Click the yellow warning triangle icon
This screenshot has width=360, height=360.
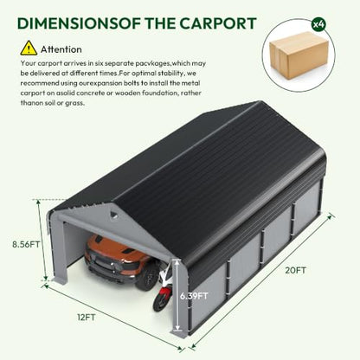pos(29,48)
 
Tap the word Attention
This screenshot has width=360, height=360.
pos(61,49)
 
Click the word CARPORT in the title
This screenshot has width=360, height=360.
pos(218,23)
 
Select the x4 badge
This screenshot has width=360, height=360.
pos(318,25)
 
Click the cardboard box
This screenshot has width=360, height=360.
pos(299,55)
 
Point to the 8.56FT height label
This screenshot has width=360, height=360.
pos(26,244)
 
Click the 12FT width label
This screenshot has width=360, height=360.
pos(87,318)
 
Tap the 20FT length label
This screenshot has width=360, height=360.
pos(296,270)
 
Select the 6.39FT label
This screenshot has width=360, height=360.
pos(194,296)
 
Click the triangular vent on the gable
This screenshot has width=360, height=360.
pos(114,214)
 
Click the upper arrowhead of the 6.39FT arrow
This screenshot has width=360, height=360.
pos(177,262)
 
